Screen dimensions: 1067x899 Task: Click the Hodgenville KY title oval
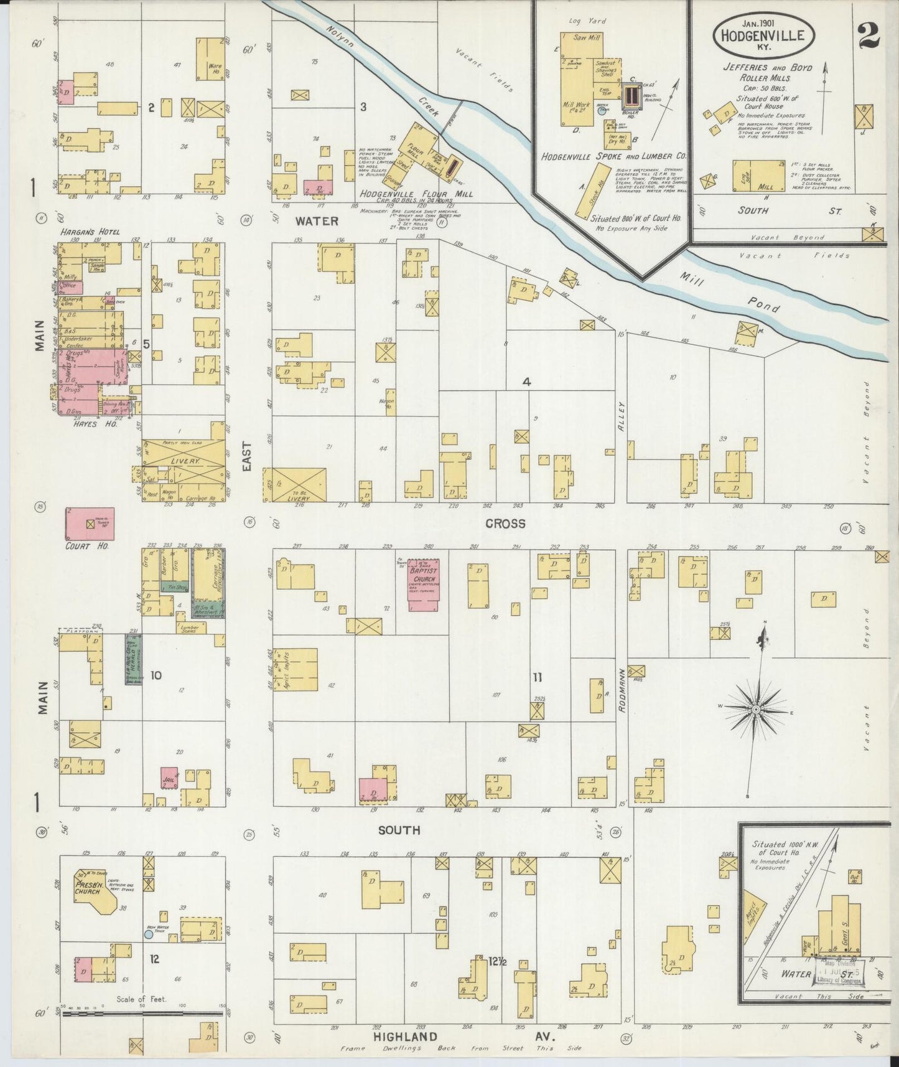coord(762,35)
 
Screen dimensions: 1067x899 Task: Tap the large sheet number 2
coord(867,35)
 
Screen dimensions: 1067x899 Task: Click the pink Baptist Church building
coord(423,584)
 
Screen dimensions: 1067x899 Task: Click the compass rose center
coord(755,710)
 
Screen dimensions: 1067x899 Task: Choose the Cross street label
coord(505,524)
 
